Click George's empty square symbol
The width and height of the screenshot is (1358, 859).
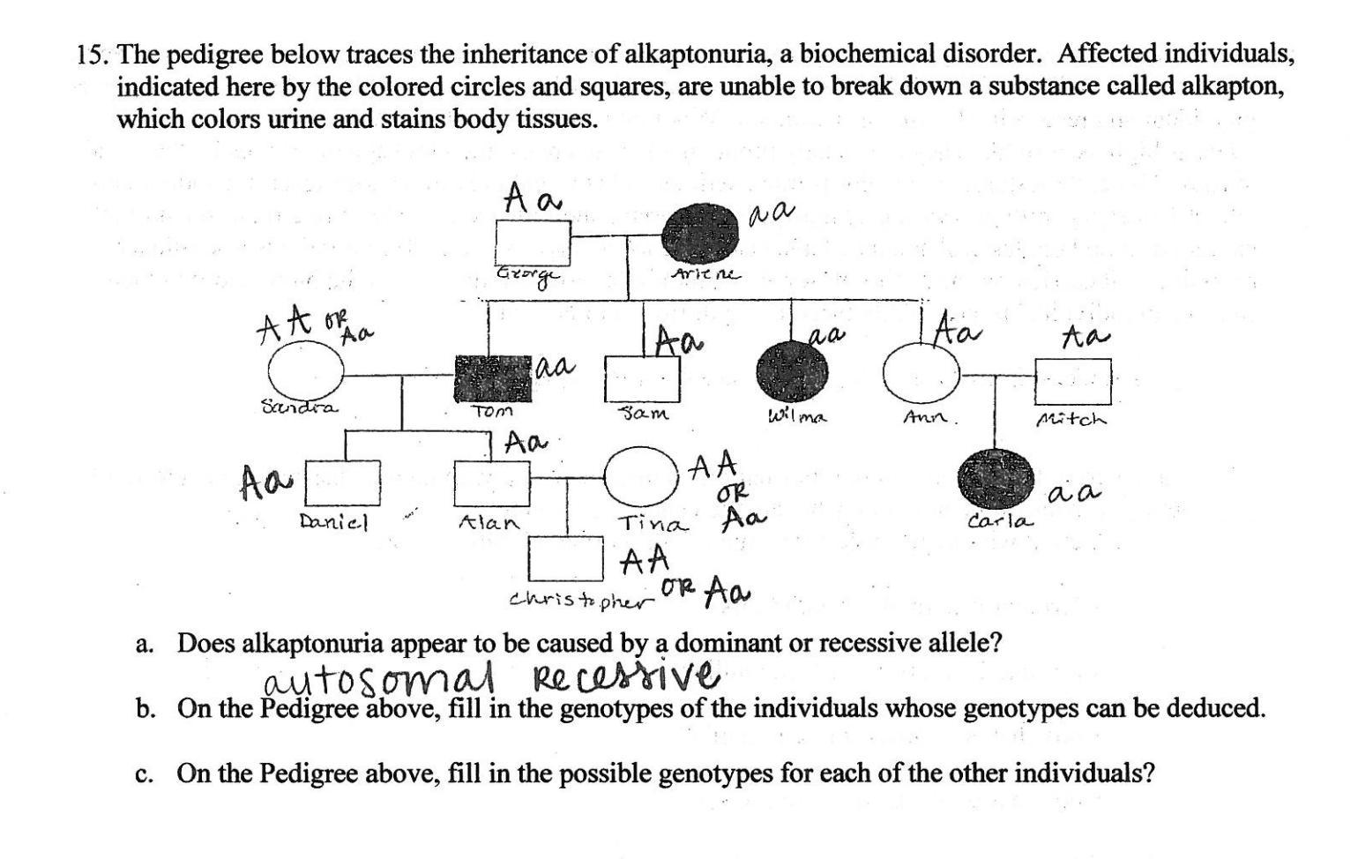(533, 238)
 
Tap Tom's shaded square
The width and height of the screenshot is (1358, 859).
(493, 379)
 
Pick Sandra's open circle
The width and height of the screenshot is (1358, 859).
(306, 370)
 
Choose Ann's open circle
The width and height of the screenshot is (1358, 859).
(921, 373)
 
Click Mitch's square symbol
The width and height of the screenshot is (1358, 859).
(1072, 380)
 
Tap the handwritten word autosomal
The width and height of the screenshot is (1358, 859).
(379, 681)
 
